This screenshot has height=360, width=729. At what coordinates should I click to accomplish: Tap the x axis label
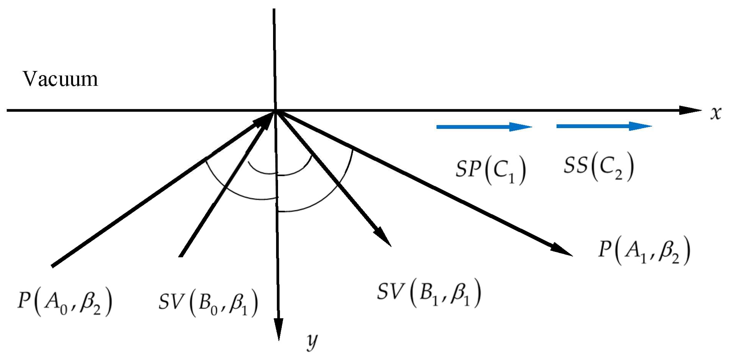point(716,113)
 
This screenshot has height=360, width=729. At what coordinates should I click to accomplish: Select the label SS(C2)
point(598,166)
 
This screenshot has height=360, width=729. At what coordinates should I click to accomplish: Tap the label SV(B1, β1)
point(429,293)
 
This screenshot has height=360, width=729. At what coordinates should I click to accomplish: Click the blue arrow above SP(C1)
point(484,127)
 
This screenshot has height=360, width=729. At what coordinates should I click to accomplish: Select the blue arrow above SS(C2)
point(604,126)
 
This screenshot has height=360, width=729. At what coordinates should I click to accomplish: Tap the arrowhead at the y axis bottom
point(279,330)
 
